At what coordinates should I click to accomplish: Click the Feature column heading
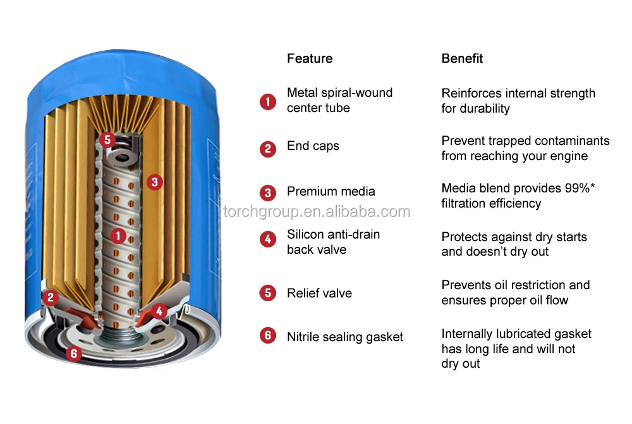click(310, 59)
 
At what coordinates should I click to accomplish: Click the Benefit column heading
click(462, 59)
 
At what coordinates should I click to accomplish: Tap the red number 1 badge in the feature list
click(268, 101)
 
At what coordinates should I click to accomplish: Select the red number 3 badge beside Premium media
click(268, 192)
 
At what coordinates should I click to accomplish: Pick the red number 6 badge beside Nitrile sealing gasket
click(268, 335)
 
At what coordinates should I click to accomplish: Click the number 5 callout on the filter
click(107, 140)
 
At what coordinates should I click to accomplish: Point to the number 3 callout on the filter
click(154, 182)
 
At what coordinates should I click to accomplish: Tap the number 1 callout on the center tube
click(118, 236)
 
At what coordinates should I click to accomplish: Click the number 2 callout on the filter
click(51, 297)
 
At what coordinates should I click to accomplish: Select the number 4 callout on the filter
click(159, 311)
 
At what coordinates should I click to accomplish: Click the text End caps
click(313, 146)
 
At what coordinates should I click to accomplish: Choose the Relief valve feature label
click(319, 294)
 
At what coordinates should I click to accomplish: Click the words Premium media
click(331, 192)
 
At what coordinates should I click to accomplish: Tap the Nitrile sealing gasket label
click(344, 337)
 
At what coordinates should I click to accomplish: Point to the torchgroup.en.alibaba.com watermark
click(317, 212)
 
